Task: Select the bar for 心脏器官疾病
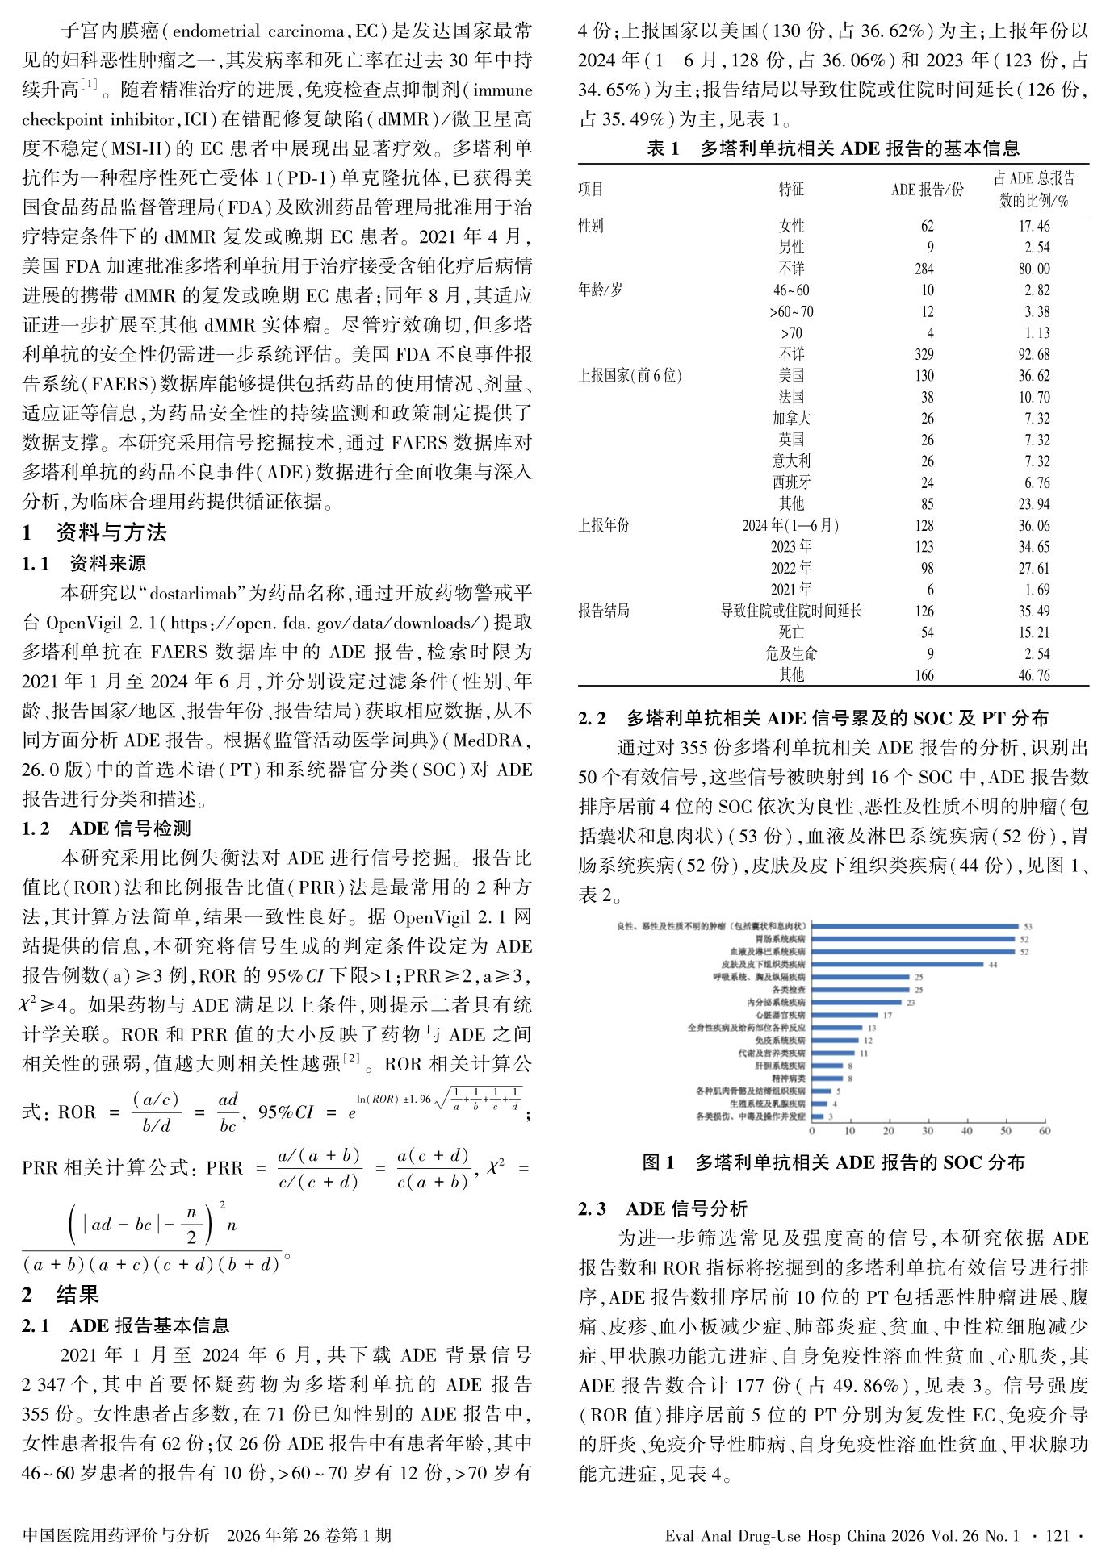(x=844, y=1015)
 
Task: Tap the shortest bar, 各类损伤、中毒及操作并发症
(x=817, y=1116)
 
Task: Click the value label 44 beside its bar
(x=993, y=964)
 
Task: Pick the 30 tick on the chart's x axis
(x=928, y=1131)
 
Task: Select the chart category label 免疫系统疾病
(x=781, y=1041)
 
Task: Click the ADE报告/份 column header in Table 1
(x=927, y=190)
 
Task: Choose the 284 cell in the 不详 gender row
(x=924, y=269)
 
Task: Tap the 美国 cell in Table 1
(x=791, y=376)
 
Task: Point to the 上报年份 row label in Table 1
(x=603, y=526)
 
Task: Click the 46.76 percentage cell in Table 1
(x=1034, y=676)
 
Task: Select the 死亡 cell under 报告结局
(x=791, y=632)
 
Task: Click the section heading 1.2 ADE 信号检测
(x=107, y=828)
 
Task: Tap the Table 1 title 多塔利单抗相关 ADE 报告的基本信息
(x=860, y=148)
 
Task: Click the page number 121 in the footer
(x=1057, y=1536)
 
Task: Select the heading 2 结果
(x=61, y=1295)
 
